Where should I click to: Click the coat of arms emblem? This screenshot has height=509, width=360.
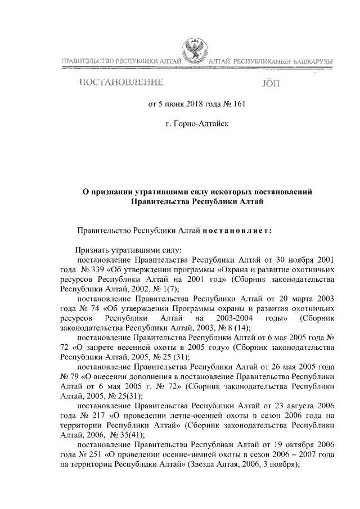pos(195,49)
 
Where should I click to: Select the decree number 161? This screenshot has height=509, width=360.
pos(238,104)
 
